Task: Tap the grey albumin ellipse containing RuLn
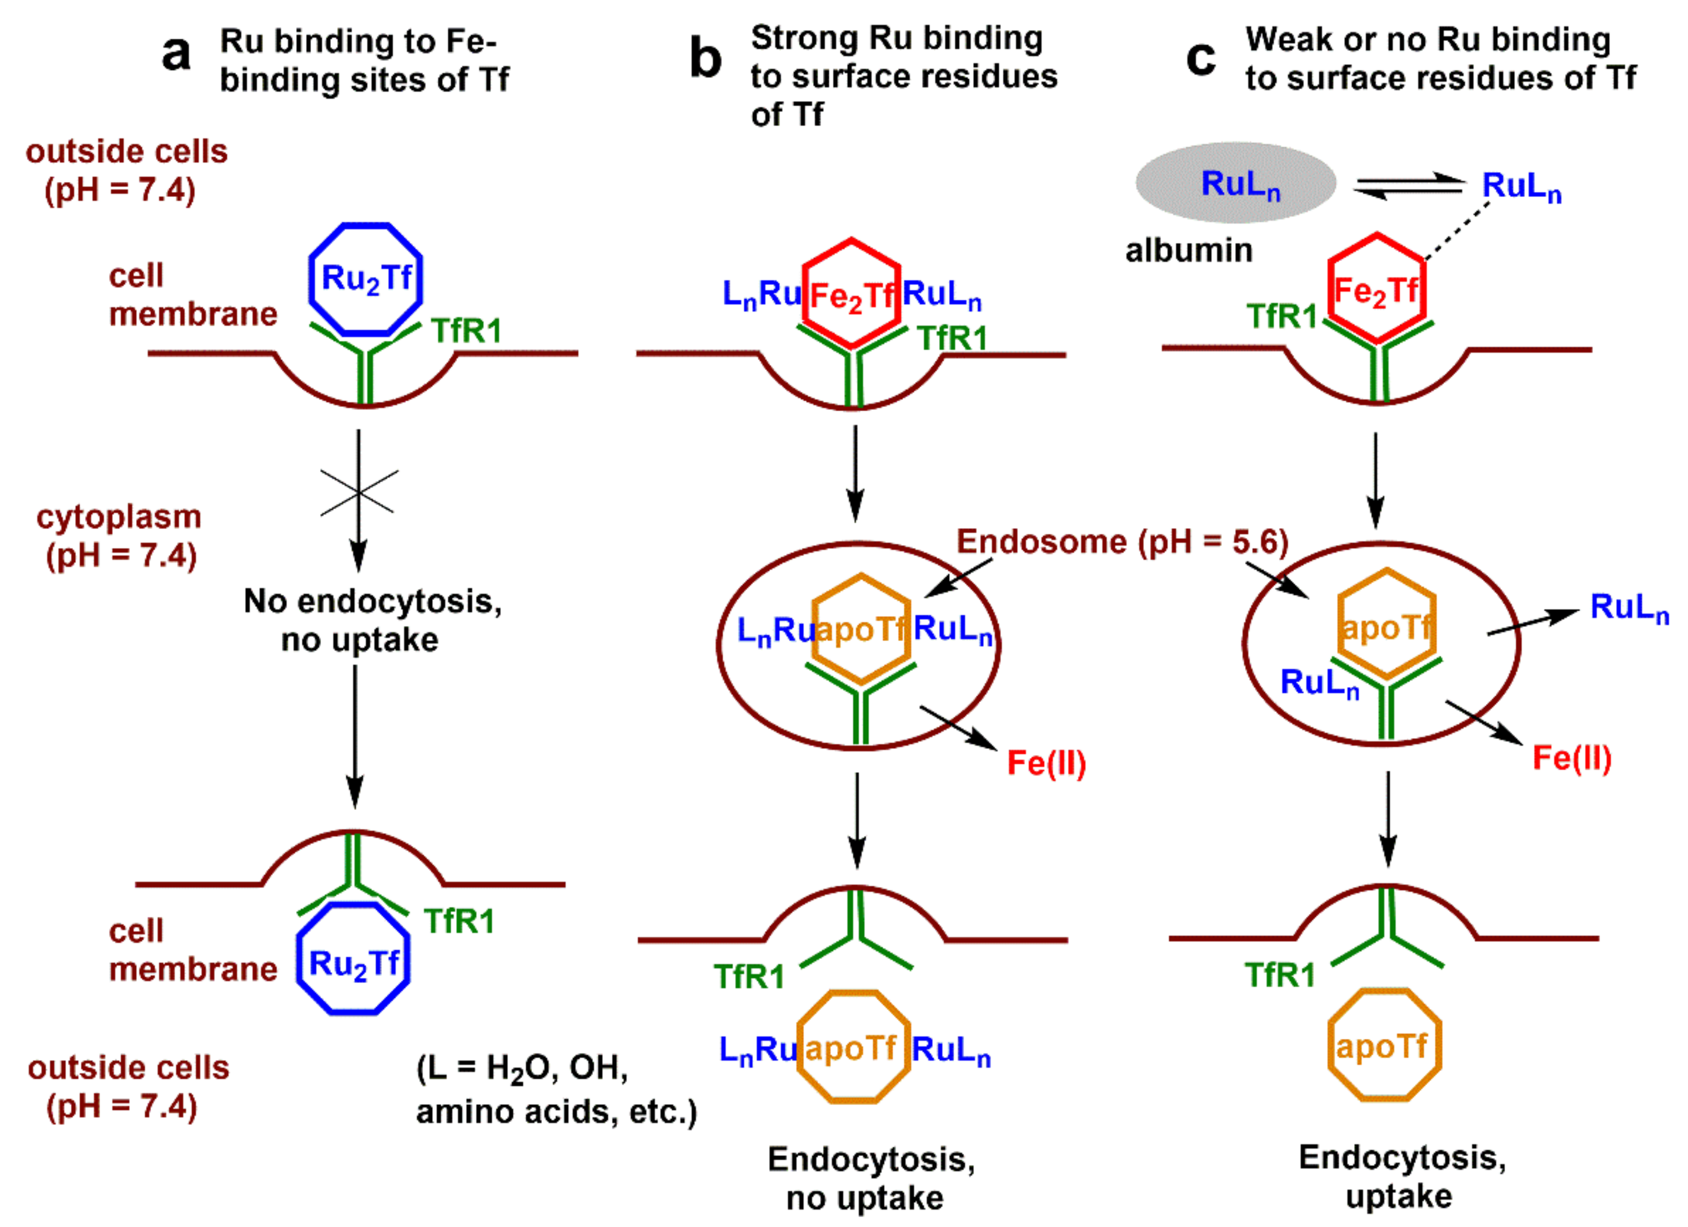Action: point(1236,183)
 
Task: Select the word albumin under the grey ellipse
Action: point(1189,251)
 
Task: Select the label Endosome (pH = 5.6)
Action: point(1122,541)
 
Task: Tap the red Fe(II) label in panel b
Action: point(1046,763)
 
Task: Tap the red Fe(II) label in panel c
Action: point(1571,758)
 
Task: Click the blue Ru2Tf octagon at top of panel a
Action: point(365,278)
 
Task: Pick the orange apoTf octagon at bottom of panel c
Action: point(1384,1046)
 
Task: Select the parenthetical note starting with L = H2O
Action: point(556,1089)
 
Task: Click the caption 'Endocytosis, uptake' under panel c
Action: point(1401,1176)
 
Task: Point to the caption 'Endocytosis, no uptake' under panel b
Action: point(871,1179)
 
